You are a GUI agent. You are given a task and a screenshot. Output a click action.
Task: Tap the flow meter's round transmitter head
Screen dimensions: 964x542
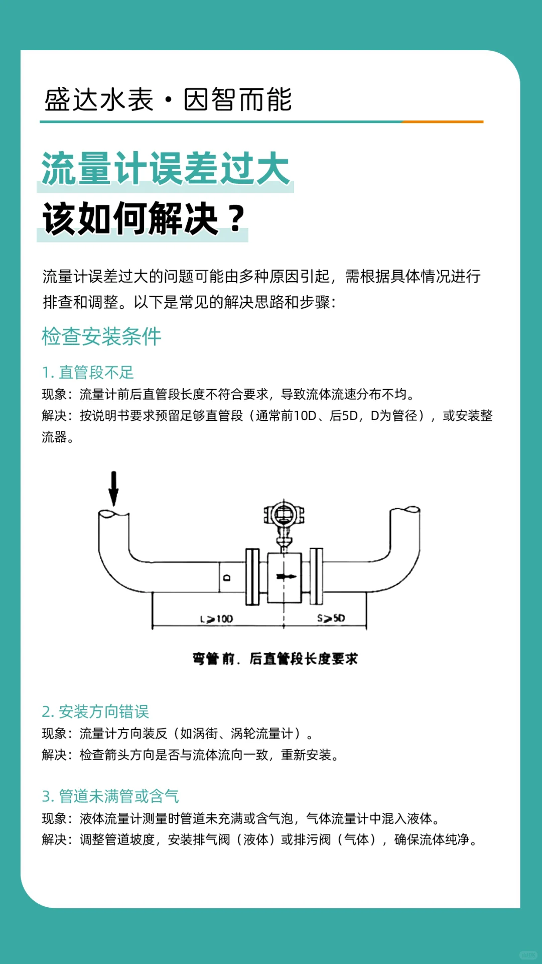284,515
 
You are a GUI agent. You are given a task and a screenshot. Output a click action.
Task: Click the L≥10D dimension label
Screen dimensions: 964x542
216,619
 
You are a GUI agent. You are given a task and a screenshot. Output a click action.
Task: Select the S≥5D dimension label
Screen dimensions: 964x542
331,618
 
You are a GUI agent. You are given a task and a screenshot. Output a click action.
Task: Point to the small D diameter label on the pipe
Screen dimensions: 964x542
227,578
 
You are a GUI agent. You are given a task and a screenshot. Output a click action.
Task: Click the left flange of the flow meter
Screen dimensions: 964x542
252,576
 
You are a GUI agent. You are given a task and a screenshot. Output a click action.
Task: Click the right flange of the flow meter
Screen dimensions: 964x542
316,576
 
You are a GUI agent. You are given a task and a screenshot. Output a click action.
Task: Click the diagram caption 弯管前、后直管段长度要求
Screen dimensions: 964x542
275,659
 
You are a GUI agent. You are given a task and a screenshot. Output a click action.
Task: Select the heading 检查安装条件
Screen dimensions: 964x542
101,336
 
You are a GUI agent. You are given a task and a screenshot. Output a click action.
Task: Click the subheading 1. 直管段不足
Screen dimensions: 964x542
88,373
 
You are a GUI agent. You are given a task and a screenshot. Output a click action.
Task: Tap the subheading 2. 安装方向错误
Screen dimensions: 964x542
95,711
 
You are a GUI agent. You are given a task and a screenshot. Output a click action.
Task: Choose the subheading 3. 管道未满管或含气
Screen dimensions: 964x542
110,796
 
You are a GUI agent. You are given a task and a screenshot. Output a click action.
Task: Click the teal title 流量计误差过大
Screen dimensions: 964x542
165,169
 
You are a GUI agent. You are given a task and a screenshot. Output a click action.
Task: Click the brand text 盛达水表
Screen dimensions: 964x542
99,99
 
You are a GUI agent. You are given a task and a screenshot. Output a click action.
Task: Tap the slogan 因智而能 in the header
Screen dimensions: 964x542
237,99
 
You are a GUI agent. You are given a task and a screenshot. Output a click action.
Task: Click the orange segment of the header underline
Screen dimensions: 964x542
443,122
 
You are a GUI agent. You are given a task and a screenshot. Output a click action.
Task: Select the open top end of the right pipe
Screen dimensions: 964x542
405,510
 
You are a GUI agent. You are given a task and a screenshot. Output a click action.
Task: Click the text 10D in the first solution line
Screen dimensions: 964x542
305,416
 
